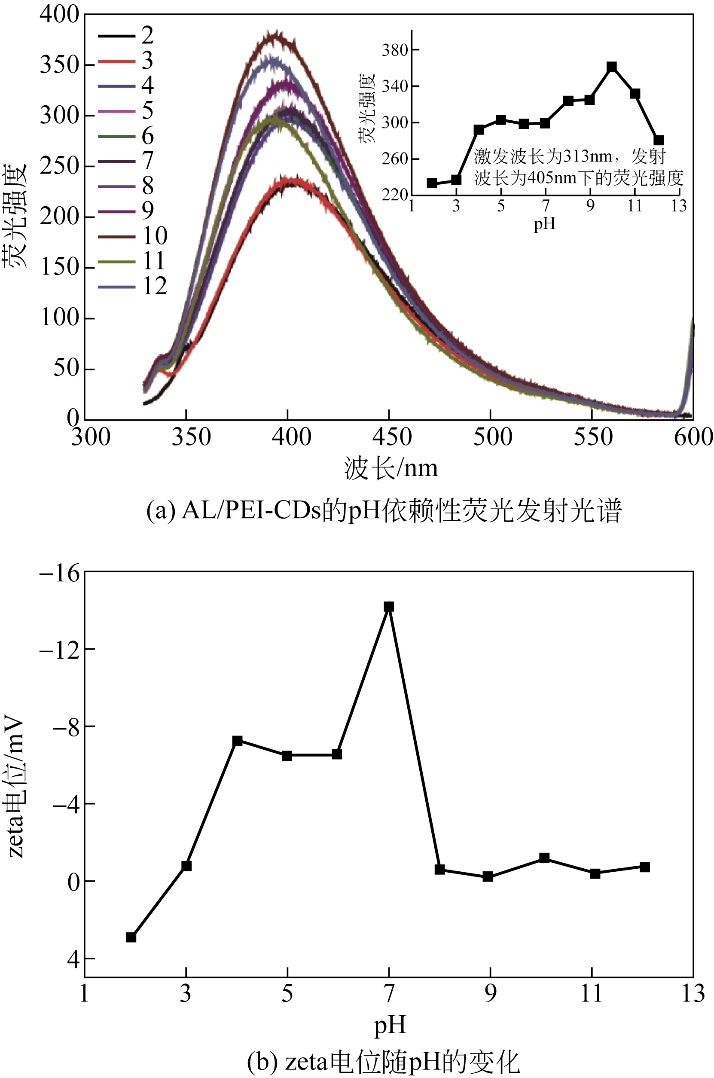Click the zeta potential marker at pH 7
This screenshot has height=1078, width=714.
pos(388,607)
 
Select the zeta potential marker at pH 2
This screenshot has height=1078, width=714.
pos(131,937)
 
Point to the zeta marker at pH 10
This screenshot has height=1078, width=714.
pos(544,858)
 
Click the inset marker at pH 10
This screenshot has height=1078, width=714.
pos(612,67)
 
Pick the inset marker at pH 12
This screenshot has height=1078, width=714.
pos(659,140)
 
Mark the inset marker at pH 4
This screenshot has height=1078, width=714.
pos(479,130)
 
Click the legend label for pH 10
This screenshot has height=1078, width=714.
pos(155,235)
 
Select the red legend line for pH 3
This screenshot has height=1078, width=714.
pos(116,61)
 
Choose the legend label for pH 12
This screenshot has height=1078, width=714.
pos(155,286)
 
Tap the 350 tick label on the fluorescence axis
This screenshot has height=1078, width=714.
pos(60,65)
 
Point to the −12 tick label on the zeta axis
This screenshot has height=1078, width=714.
pos(60,649)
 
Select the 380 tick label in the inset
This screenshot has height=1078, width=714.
pos(394,50)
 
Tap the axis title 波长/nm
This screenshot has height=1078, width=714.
pos(391,468)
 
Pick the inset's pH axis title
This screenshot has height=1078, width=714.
pos(545,223)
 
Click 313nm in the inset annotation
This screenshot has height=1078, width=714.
pos(587,157)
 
